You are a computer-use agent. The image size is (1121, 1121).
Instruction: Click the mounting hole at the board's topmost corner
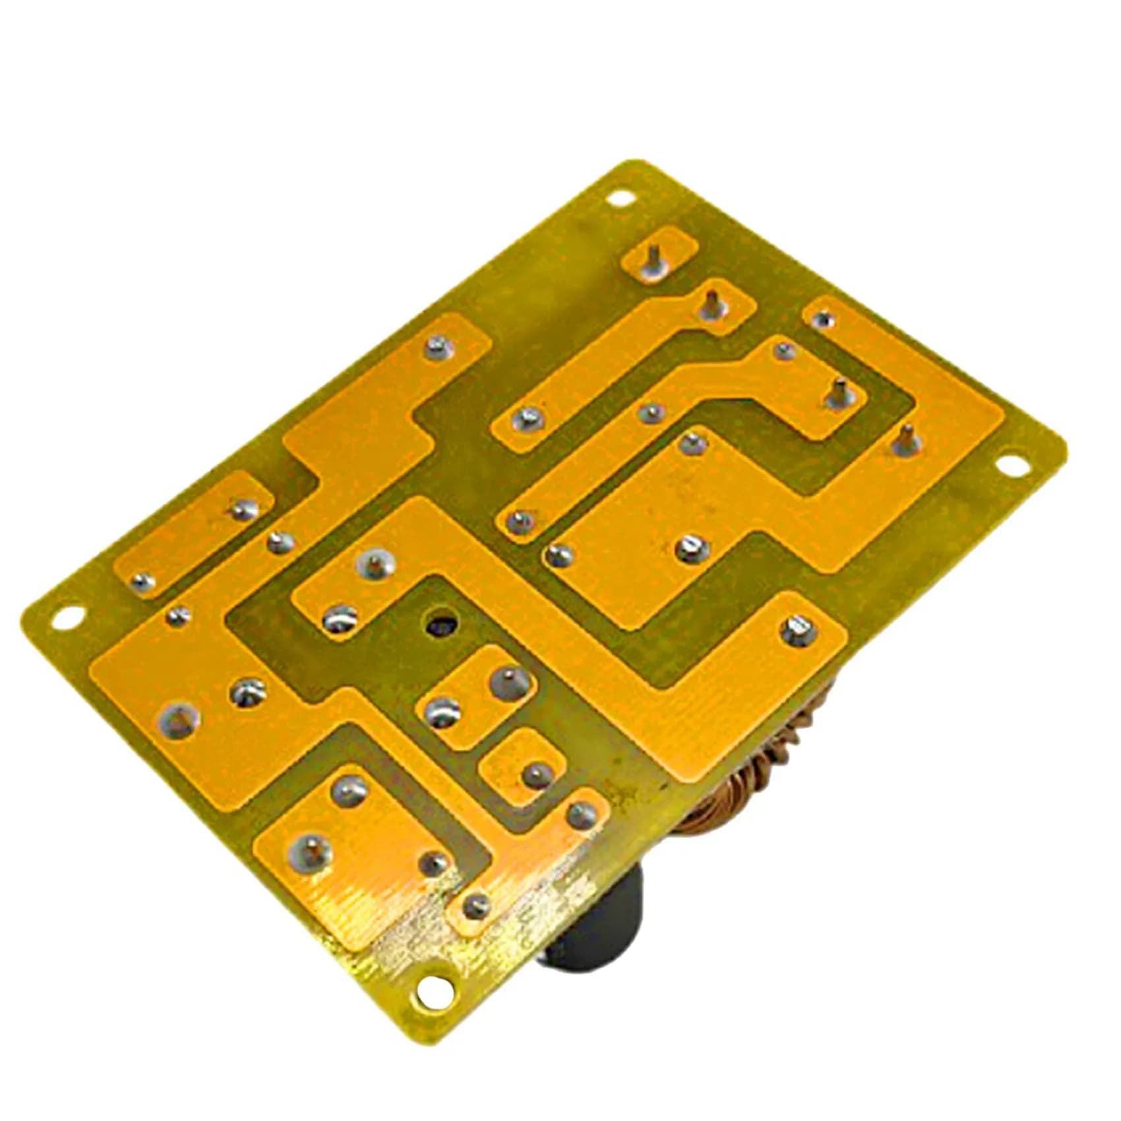tap(618, 197)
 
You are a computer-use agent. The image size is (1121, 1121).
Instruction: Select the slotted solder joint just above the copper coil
tap(798, 628)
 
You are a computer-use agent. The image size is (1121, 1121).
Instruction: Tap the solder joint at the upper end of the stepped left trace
tap(436, 345)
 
